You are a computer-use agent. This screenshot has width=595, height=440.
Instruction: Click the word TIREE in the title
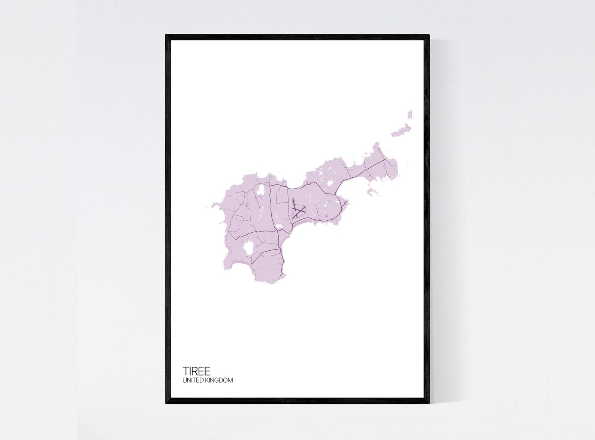pos(196,371)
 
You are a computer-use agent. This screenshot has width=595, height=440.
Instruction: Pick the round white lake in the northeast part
pos(330,183)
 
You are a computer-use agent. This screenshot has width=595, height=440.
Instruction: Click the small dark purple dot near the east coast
pos(327,215)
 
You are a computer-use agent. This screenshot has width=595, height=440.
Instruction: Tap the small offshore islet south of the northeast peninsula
pos(371,192)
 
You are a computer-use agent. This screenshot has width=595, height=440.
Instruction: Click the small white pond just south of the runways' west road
pos(280,226)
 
